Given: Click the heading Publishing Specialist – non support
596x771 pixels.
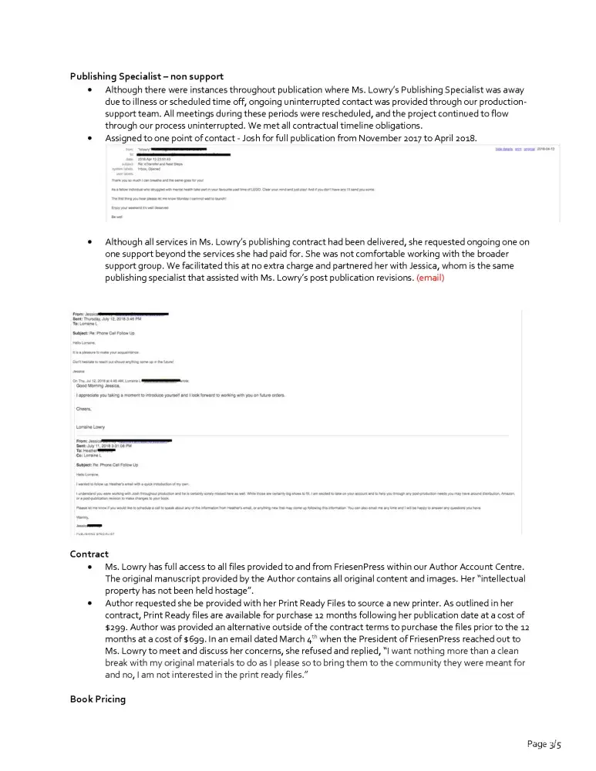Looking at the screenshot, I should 146,76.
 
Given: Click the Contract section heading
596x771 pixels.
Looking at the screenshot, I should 89,554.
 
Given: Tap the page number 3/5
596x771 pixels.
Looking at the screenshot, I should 544,744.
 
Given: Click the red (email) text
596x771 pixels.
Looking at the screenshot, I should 430,278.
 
